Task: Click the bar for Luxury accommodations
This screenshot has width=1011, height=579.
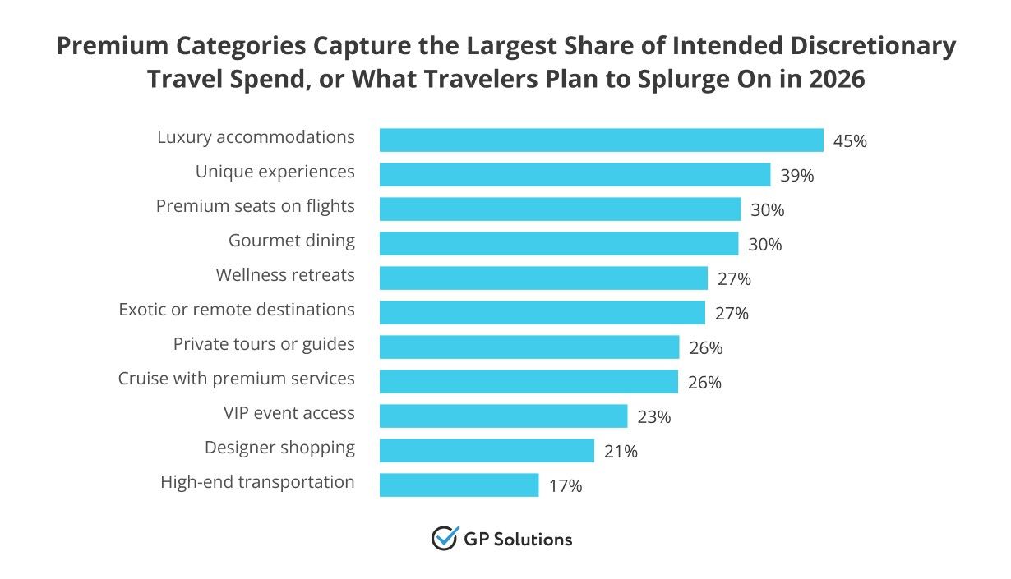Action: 601,140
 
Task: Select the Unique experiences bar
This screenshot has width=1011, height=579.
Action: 575,175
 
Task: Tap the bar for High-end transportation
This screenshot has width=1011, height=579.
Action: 459,485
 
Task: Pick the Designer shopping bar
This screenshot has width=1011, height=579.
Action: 487,451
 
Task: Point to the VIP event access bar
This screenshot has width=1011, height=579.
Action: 503,416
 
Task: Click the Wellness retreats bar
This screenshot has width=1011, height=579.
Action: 543,278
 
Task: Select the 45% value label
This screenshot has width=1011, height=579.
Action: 850,141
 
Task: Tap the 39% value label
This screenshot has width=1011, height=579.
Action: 797,176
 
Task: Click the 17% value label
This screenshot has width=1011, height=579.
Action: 566,486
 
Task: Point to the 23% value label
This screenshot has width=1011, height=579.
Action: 654,417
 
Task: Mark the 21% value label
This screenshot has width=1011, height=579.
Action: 621,452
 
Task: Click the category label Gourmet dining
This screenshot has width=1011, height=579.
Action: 292,241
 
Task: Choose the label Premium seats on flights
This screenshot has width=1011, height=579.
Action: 256,206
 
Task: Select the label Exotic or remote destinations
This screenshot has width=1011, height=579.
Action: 237,310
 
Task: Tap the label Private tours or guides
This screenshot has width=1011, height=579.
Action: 264,344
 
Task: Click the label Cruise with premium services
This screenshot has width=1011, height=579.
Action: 237,379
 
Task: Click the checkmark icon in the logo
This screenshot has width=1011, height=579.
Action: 444,539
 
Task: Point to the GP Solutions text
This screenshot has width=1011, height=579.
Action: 519,540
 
